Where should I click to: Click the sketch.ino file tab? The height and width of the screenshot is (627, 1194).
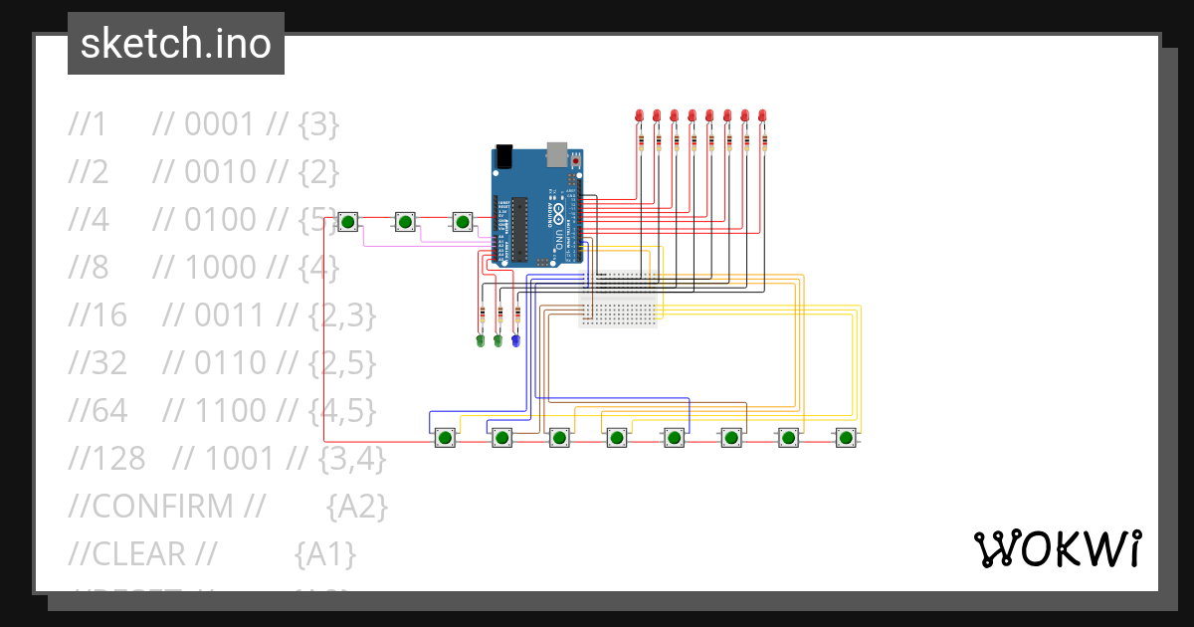pos(176,44)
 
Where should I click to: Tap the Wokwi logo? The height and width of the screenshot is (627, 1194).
pos(1056,548)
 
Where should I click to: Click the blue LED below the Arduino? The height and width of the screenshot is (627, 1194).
pos(515,341)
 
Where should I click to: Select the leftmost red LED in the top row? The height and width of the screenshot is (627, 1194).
pos(639,116)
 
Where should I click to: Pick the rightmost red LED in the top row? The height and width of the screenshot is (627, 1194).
pos(762,116)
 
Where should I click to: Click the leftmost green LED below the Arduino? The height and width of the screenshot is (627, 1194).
pos(481,341)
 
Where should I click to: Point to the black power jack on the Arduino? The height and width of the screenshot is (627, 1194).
pos(503,156)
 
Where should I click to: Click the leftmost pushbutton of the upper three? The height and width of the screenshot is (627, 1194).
pos(347,222)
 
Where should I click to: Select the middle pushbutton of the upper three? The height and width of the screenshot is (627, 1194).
pos(405,222)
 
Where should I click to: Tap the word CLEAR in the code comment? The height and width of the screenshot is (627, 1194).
pos(138,554)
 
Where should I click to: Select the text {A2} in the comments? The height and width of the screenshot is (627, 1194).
pos(356,507)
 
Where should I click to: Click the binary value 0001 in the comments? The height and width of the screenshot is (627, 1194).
pos(220,124)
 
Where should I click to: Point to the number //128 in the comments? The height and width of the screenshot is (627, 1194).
pos(106,459)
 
